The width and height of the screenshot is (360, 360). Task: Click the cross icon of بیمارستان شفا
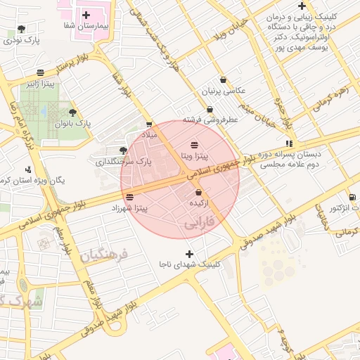tap(86, 14)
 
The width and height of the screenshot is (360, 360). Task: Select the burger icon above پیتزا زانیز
tap(40, 72)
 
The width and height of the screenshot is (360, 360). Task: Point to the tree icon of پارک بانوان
tap(73, 112)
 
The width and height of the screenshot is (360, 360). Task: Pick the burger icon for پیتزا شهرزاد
tap(129, 197)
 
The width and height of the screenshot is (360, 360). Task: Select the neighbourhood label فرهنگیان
tap(105, 255)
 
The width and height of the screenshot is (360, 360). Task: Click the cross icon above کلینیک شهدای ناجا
tap(188, 253)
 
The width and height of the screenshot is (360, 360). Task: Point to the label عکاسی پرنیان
tap(224, 91)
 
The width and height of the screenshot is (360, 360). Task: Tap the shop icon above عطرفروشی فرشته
tap(210, 109)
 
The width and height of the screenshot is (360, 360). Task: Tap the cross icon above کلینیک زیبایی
tap(301, 6)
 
